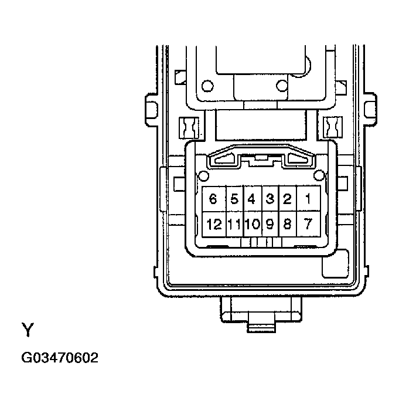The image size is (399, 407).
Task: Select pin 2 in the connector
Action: (287, 199)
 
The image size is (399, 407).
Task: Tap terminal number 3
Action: (270, 199)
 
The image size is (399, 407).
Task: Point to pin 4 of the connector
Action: (252, 199)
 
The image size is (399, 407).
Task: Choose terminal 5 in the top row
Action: (234, 199)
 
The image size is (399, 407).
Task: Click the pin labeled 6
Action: (213, 199)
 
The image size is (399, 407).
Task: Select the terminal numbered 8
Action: (287, 224)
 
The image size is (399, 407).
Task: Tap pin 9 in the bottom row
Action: (270, 224)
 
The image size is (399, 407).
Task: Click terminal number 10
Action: (252, 224)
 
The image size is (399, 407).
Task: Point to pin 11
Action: (234, 224)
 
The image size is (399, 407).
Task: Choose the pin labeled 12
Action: (213, 224)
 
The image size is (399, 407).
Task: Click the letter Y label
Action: (28, 330)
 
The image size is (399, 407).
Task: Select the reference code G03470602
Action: (60, 358)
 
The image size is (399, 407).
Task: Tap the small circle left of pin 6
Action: (203, 175)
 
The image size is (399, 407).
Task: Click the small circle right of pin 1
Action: (319, 175)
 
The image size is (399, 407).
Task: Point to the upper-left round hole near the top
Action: (207, 87)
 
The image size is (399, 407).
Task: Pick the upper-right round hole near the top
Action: (282, 87)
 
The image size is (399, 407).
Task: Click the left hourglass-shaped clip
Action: (190, 126)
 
